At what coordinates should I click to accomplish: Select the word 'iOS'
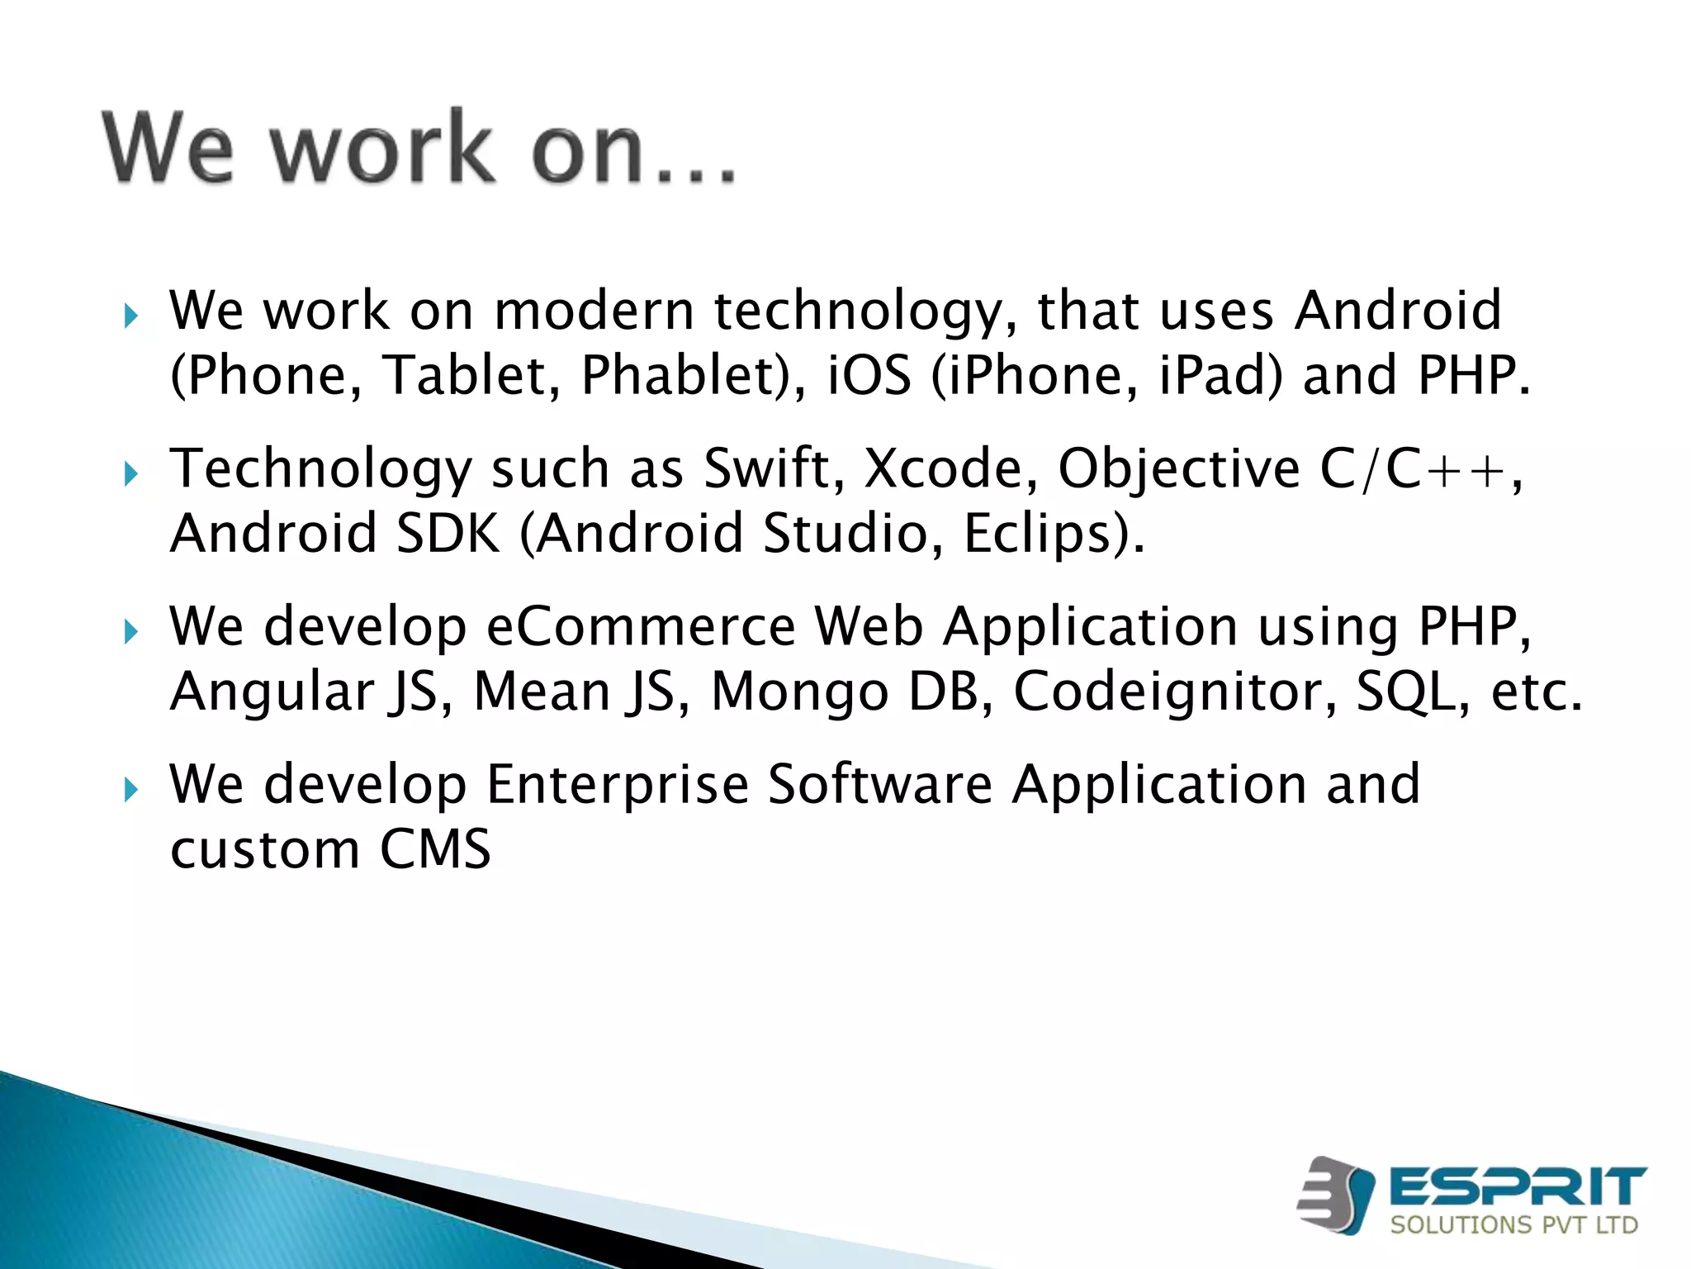point(869,376)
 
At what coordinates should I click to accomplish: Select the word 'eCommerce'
point(640,626)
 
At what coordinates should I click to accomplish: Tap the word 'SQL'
point(1412,692)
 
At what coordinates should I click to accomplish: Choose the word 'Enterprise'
point(617,784)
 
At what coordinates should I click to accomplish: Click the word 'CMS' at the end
point(435,849)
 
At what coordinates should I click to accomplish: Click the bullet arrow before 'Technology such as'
point(130,474)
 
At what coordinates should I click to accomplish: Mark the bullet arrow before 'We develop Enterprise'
point(130,790)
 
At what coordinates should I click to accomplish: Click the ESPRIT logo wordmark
point(1518,1187)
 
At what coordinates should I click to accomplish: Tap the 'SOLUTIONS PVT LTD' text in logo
point(1513,1224)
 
